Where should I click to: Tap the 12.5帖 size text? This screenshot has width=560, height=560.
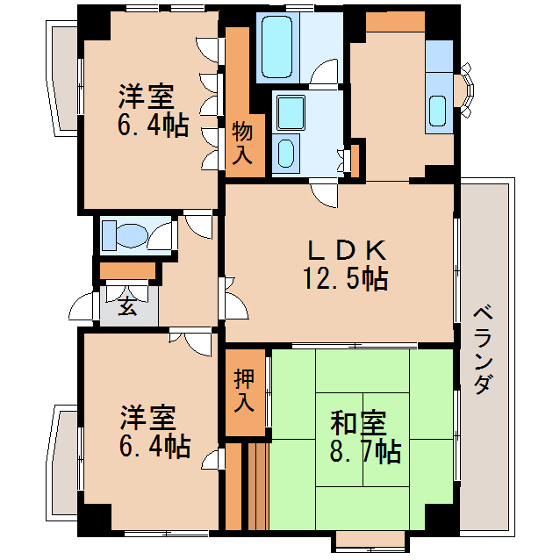coord(346,280)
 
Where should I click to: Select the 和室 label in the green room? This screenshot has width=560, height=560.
coord(357,424)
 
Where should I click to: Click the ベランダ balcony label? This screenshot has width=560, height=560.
coord(482,348)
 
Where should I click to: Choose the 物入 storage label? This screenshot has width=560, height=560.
coord(243,144)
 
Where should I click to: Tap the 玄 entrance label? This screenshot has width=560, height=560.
coord(128,307)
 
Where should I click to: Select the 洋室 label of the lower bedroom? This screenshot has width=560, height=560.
coord(147,417)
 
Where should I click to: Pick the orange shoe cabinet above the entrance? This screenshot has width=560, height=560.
coord(127,270)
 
